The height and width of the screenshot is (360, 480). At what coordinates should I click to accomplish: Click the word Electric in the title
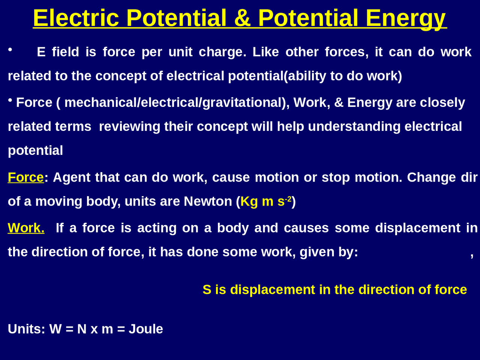pos(76,18)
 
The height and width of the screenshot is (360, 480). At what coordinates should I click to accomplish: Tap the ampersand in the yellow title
pos(242,18)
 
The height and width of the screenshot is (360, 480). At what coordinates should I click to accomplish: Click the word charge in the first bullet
pos(222,52)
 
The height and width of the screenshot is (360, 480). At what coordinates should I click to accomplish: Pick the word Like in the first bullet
pos(265,52)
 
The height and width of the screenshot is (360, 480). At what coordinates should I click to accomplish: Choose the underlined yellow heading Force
pos(25,177)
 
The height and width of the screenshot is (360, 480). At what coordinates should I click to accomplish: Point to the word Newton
pos(208,201)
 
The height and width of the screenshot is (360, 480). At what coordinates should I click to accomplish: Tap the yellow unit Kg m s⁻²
pos(265,201)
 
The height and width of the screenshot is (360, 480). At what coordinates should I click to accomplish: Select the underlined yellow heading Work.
pos(26,228)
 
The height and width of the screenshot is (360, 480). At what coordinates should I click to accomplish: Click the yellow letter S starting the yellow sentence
pos(207,290)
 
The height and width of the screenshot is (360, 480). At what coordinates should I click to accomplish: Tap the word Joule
pos(146,329)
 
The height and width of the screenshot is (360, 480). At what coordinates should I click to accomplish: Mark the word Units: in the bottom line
pos(27,329)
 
